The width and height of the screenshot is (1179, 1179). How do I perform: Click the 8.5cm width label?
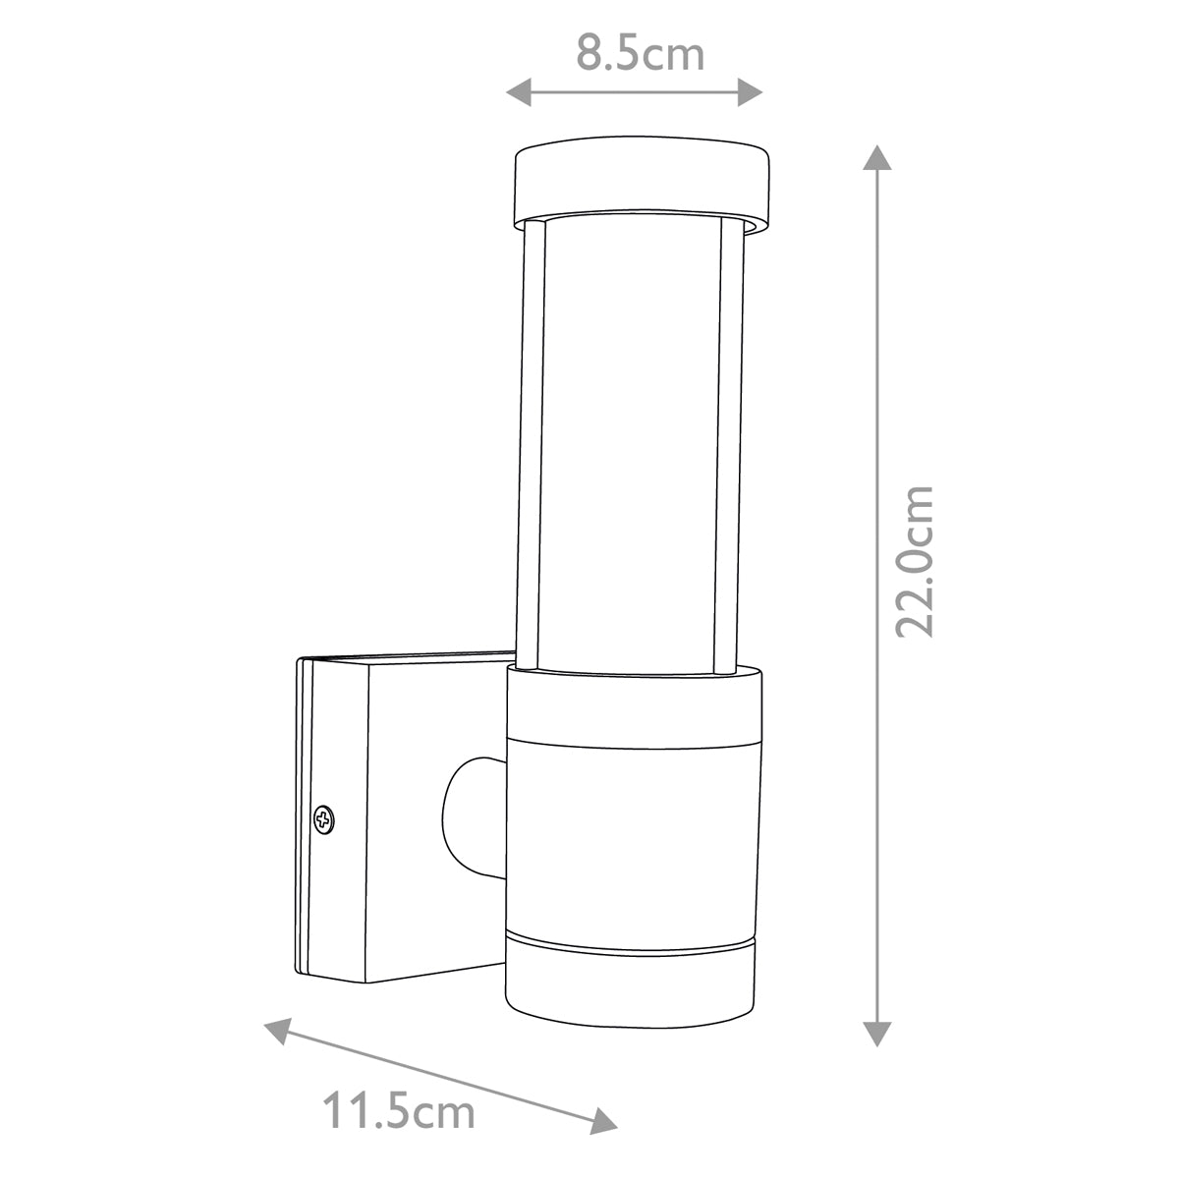point(640,54)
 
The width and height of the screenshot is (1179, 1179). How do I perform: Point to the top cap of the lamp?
point(640,182)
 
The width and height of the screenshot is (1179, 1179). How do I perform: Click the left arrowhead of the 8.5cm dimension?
point(517,93)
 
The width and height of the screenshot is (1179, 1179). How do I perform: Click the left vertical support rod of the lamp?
point(532,442)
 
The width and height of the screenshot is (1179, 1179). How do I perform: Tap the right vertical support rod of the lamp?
point(730,442)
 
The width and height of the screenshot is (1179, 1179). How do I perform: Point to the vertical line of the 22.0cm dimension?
point(876,393)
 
